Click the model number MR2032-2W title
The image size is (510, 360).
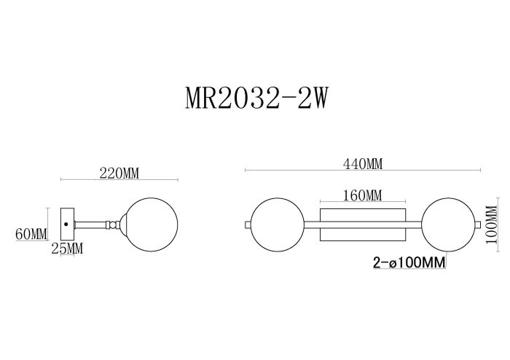(x=254, y=98)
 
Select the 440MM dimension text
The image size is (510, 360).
(x=363, y=164)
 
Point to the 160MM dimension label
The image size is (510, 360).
(x=362, y=195)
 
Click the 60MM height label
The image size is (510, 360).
(x=31, y=234)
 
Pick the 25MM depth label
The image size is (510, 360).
(x=67, y=249)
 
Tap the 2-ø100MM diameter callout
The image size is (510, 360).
(x=409, y=261)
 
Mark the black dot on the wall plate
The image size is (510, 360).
(x=66, y=224)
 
